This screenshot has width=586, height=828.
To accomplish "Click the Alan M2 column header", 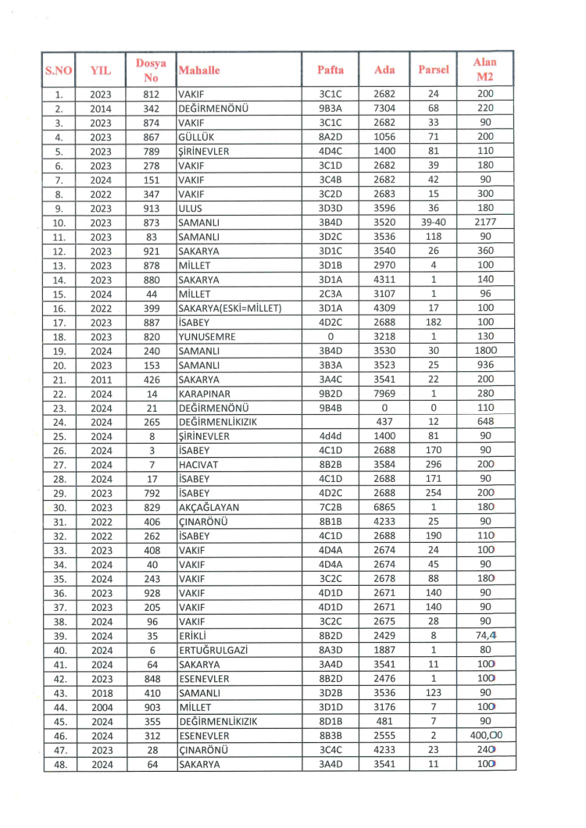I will point(485,70).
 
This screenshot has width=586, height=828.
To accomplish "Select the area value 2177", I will point(485,222).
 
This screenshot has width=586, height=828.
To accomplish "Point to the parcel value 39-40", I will point(434,222).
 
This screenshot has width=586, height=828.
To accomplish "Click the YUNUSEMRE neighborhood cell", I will point(205,335).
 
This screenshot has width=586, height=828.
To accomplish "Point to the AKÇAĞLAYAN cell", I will point(207,506).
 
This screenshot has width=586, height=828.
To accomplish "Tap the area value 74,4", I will point(485,634).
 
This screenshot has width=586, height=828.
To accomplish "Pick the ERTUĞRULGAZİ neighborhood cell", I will point(211,648).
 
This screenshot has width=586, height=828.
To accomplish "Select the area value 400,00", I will point(485,734).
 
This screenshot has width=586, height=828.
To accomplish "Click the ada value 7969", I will point(384,392).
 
